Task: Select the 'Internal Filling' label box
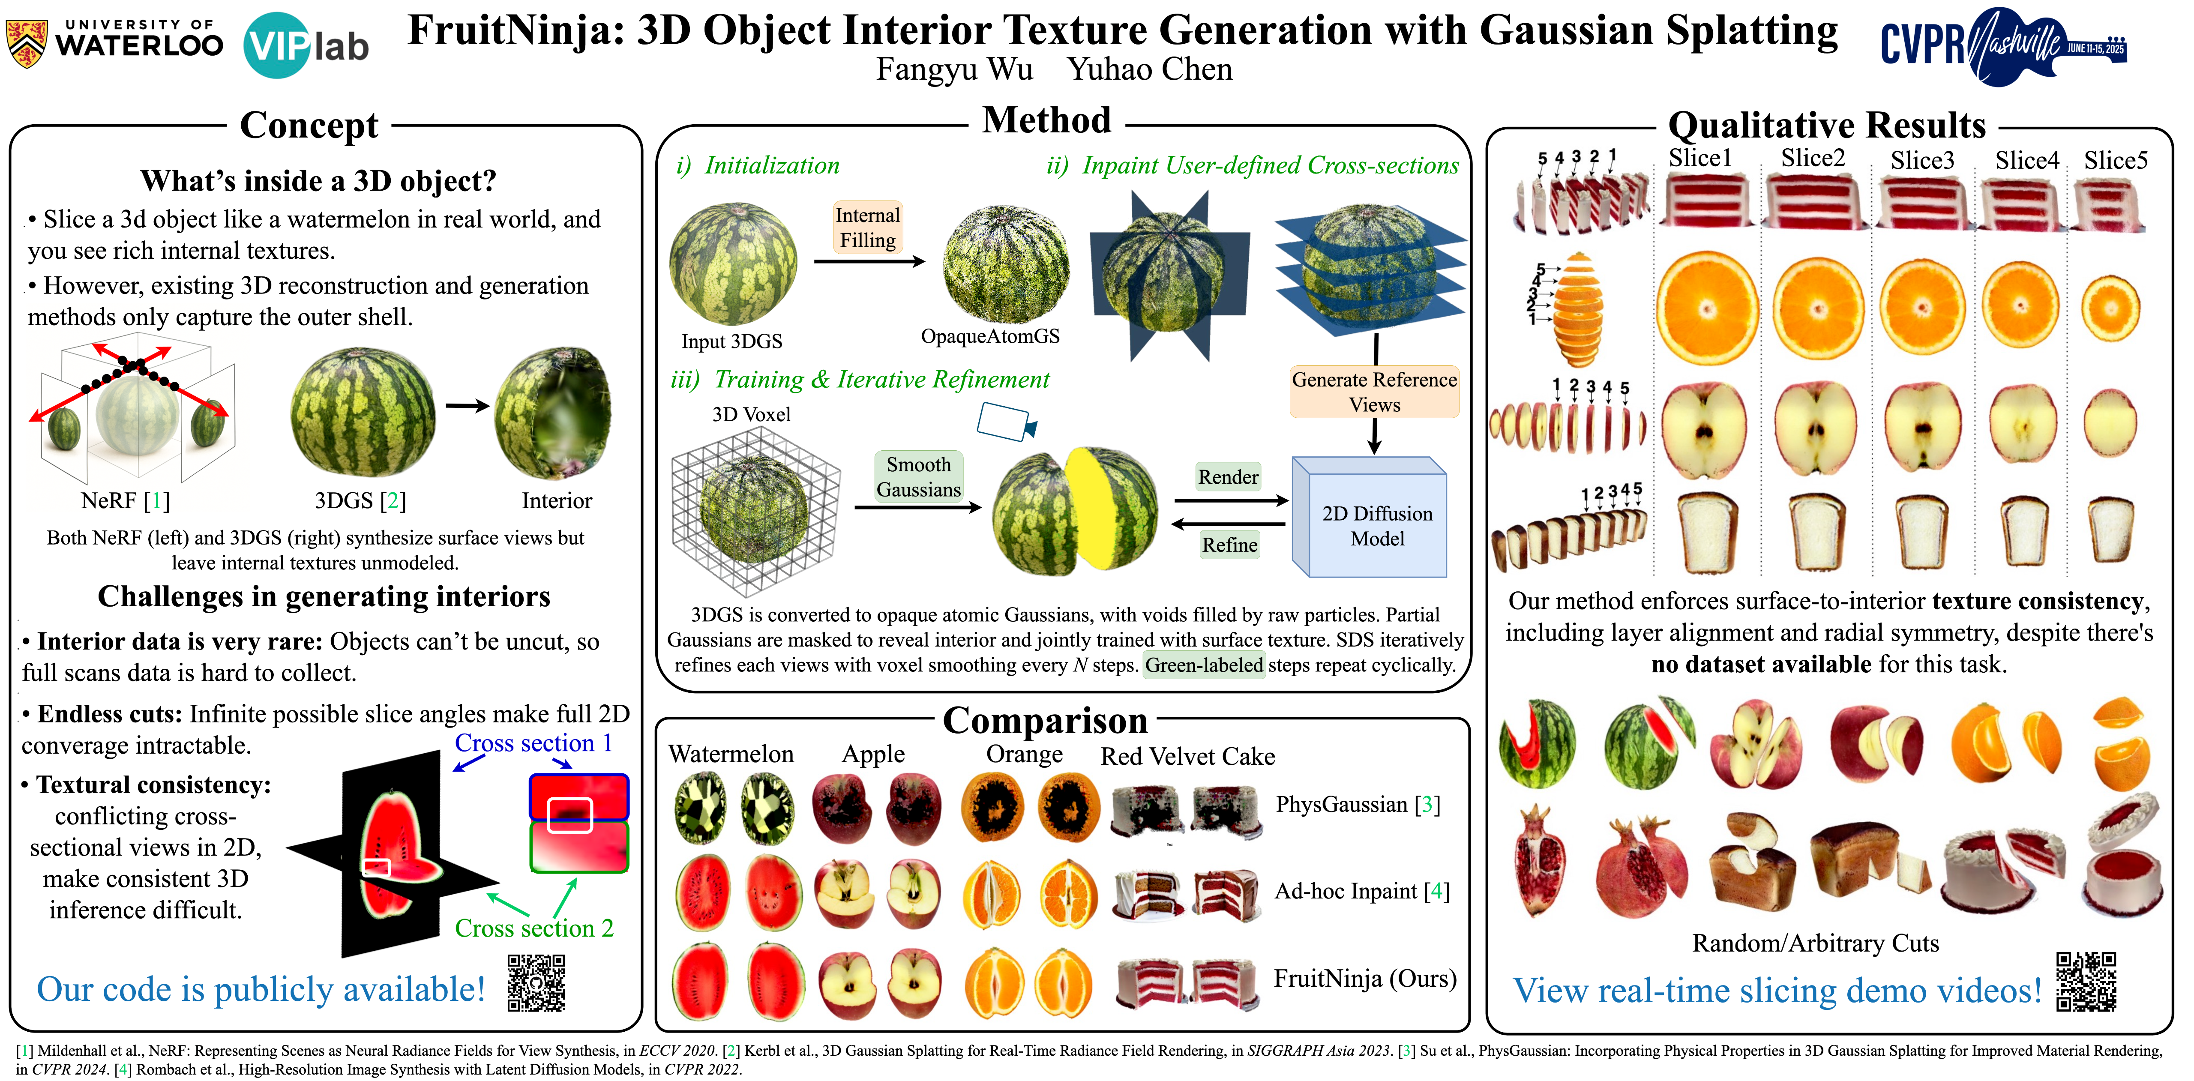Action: pyautogui.click(x=867, y=228)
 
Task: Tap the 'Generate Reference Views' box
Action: pyautogui.click(x=1374, y=392)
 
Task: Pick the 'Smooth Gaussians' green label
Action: pyautogui.click(x=918, y=477)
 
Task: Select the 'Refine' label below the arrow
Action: pyautogui.click(x=1229, y=545)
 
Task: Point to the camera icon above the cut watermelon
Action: pyautogui.click(x=1005, y=422)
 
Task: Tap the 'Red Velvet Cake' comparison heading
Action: pyautogui.click(x=1187, y=757)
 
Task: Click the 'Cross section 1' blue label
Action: pyautogui.click(x=533, y=743)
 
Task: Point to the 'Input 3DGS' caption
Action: pyautogui.click(x=731, y=341)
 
